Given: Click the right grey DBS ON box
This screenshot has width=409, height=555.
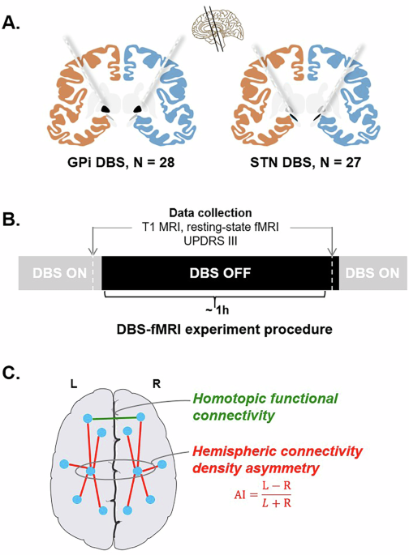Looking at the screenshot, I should (372, 273).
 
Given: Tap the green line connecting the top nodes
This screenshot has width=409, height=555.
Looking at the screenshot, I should (114, 418).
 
